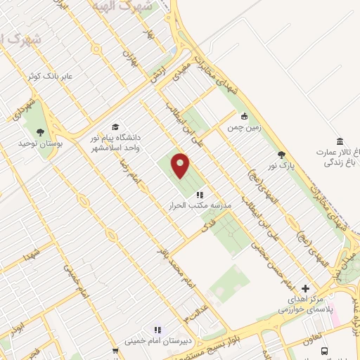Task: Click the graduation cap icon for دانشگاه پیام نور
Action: pyautogui.click(x=115, y=127)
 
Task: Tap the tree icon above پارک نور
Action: pyautogui.click(x=282, y=155)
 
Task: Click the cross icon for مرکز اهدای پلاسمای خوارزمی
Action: pyautogui.click(x=304, y=288)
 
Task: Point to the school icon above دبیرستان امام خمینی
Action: pyautogui.click(x=157, y=329)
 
